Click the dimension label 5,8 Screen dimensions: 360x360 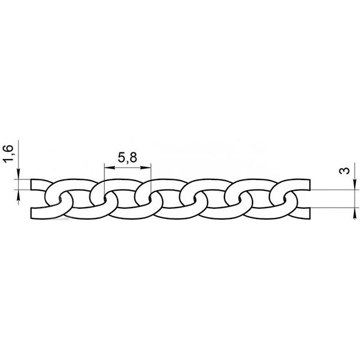point(127,158)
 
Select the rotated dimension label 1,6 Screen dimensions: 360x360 point(9,154)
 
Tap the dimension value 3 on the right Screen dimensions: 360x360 point(344,170)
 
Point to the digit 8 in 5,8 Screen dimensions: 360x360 point(133,157)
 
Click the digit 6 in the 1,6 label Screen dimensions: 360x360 point(9,149)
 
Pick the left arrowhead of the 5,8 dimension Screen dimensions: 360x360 point(109,167)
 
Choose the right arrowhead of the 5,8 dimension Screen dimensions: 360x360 point(146,167)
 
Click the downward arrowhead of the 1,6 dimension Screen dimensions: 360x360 point(19,174)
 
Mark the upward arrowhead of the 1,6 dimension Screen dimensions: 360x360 point(19,194)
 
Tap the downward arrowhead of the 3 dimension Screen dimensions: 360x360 point(355,185)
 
